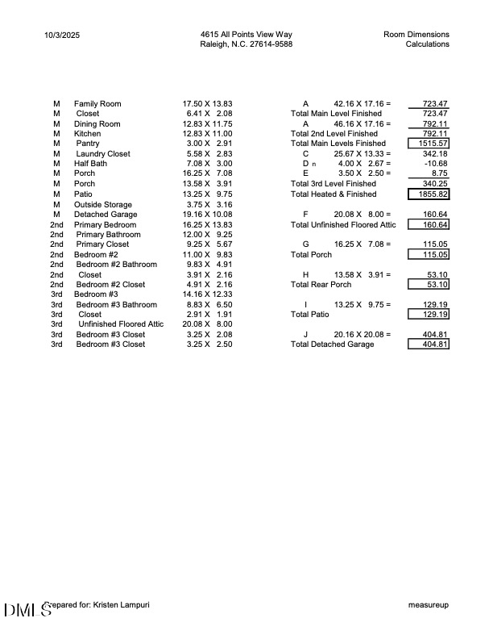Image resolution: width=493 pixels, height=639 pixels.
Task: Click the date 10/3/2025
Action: pos(63,35)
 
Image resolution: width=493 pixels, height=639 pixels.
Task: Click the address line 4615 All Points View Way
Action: pos(246,35)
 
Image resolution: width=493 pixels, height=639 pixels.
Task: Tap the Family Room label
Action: pos(97,104)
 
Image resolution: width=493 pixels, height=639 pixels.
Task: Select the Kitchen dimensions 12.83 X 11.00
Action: pos(208,134)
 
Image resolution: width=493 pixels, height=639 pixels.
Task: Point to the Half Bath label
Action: pos(90,164)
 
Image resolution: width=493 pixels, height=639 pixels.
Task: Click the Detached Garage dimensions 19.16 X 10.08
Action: pos(208,215)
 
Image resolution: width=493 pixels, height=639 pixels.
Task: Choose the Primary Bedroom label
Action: pos(105,224)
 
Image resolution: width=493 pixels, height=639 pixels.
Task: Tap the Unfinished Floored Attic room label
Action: pos(120,324)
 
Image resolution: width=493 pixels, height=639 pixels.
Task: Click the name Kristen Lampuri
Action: pos(121,604)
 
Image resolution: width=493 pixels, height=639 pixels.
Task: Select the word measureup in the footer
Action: pos(429,604)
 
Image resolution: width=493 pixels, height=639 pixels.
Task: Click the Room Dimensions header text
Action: pos(416,35)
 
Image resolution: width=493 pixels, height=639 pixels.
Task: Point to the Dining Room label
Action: pos(97,124)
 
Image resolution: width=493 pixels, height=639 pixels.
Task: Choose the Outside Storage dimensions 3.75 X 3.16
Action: pos(208,205)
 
